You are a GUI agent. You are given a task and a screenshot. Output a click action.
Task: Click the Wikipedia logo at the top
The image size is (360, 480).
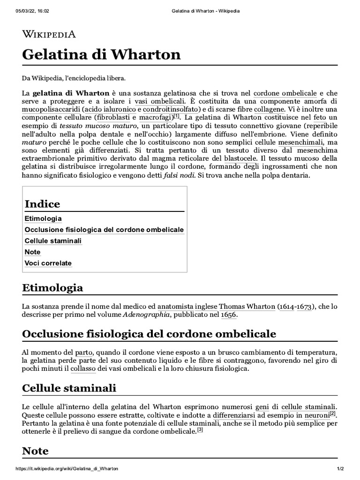49,34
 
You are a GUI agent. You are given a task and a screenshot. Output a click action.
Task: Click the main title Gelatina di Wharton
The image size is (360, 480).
101,54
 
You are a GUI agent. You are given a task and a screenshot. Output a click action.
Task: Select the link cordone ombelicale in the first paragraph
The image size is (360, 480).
285,93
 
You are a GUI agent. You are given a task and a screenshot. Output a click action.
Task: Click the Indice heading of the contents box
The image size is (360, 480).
42,204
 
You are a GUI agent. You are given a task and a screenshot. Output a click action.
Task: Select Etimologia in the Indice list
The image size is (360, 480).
43,218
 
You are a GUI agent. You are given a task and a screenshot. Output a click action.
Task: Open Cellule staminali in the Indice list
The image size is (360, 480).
53,241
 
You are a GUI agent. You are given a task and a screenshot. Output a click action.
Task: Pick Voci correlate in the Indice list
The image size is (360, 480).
48,263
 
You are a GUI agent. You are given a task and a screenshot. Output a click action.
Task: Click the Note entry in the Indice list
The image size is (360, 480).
32,252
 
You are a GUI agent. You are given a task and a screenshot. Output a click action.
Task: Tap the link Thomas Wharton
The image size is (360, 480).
247,307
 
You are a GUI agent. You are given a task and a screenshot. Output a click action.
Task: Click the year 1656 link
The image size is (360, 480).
229,315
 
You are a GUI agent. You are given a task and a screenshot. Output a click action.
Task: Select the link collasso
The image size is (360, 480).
83,369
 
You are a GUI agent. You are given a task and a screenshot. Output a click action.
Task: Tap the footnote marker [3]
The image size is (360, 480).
200,429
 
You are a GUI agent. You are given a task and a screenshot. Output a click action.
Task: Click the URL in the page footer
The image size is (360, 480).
67,469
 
